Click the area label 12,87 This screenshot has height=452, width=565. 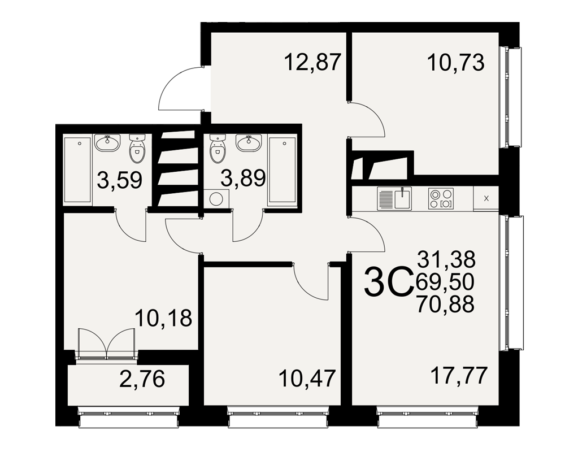click(x=312, y=62)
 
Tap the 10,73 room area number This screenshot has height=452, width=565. click(x=455, y=63)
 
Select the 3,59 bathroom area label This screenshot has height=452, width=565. click(x=120, y=180)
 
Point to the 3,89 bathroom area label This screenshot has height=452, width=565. click(x=243, y=178)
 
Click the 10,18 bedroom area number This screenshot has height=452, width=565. click(x=163, y=318)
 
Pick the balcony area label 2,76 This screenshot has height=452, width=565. click(x=142, y=379)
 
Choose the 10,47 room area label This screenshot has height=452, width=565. click(x=307, y=378)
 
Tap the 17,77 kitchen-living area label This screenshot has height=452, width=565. click(x=459, y=375)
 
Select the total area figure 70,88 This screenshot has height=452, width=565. click(x=445, y=304)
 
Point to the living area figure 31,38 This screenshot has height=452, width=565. click(x=446, y=259)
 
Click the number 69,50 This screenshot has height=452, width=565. click(x=445, y=281)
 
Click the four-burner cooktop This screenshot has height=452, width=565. click(x=441, y=199)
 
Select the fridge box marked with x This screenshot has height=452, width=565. click(x=486, y=198)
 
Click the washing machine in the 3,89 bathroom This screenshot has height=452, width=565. click(x=216, y=199)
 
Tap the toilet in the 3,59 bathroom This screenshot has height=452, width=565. click(x=137, y=149)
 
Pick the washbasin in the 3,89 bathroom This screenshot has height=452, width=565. click(x=249, y=143)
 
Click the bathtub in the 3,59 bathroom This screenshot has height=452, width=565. click(x=77, y=169)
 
